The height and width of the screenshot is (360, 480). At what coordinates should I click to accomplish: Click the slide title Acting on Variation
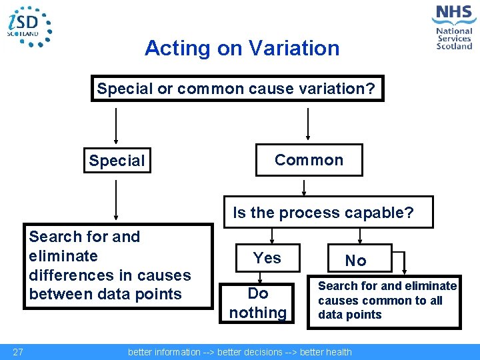click(241, 48)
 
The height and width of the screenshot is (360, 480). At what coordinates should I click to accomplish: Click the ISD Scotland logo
click(29, 26)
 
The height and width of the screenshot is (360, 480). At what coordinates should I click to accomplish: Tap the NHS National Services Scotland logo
click(453, 27)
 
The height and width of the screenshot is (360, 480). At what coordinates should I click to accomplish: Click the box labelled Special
click(117, 161)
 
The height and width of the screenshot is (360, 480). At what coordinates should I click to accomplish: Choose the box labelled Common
click(309, 160)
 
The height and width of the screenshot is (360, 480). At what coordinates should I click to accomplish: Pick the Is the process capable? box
click(327, 213)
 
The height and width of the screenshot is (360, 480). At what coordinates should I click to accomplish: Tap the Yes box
click(267, 258)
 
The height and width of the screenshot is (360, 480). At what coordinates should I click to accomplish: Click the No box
click(355, 261)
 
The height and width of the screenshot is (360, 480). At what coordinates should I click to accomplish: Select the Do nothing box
click(258, 303)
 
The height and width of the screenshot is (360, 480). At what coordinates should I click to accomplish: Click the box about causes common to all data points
click(384, 301)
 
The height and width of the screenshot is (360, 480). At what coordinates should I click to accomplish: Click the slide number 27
click(19, 352)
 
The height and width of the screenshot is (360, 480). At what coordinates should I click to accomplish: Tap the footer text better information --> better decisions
click(239, 352)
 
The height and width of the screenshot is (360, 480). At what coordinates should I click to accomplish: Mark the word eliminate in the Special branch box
click(63, 256)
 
